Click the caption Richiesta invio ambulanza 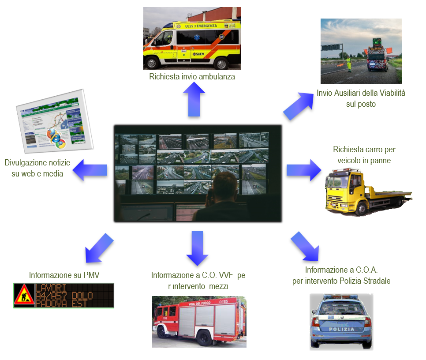192,77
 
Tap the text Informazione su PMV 64,275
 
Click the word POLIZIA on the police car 341,329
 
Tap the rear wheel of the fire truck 204,338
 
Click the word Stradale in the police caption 376,281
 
